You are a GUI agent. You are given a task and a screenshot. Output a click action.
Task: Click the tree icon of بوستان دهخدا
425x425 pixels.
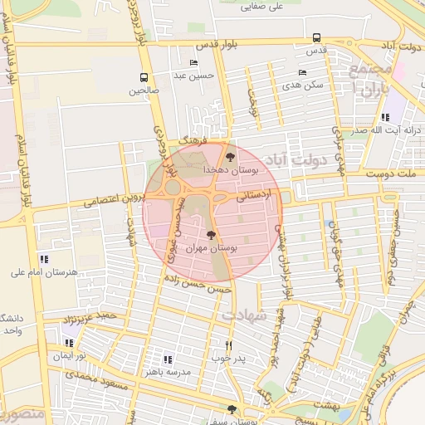tap(231, 156)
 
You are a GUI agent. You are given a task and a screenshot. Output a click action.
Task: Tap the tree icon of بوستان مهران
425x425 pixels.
tap(211, 235)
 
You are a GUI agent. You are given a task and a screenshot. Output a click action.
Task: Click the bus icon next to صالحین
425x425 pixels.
tap(144, 78)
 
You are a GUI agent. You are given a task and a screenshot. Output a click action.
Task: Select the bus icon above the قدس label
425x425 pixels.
tap(316, 37)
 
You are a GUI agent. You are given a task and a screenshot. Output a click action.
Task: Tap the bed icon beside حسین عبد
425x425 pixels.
tap(194, 63)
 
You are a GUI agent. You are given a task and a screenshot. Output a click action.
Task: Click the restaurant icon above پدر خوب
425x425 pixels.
tap(229, 345)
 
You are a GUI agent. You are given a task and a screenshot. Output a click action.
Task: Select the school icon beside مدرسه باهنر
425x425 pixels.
tap(168, 359)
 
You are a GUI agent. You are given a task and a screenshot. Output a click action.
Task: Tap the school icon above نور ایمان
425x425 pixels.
tap(70, 342)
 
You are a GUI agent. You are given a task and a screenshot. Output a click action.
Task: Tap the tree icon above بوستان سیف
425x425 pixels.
tap(232, 408)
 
